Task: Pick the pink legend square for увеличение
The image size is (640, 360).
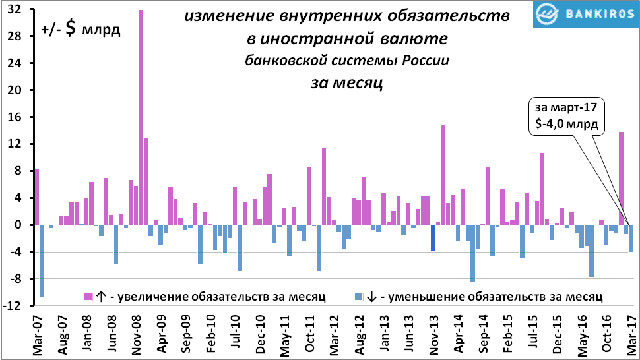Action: pos(87,296)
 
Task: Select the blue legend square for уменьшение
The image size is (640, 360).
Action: pos(358,296)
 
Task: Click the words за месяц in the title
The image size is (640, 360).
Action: pos(346,83)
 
